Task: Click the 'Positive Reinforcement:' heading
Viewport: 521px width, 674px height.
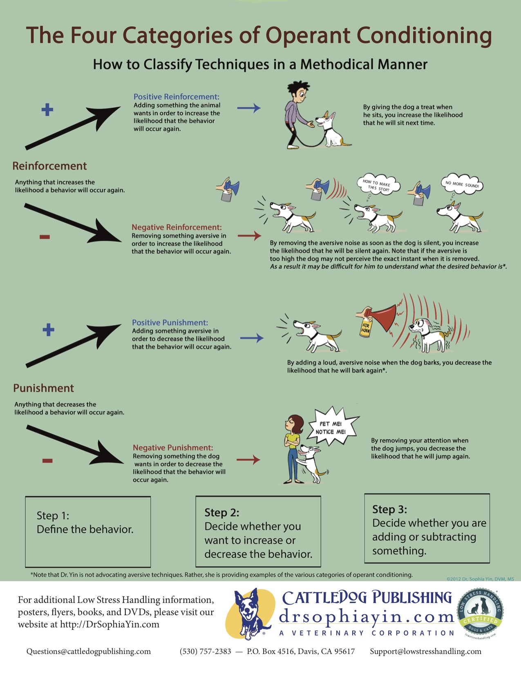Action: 176,97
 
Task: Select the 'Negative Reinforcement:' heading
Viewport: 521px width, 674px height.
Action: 177,227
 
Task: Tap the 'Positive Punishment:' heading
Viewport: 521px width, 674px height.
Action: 170,323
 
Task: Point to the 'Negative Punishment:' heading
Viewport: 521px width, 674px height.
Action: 173,448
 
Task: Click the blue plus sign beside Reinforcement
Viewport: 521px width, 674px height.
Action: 47,109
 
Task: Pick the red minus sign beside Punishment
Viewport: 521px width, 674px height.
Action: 47,461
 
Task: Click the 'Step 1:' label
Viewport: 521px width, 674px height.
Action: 53,516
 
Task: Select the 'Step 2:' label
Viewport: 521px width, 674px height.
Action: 222,512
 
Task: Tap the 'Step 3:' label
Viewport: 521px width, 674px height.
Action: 389,509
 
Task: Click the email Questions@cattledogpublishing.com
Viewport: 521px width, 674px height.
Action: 89,652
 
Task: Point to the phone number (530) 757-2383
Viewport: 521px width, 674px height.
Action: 205,652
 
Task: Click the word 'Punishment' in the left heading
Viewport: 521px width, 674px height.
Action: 43,388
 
